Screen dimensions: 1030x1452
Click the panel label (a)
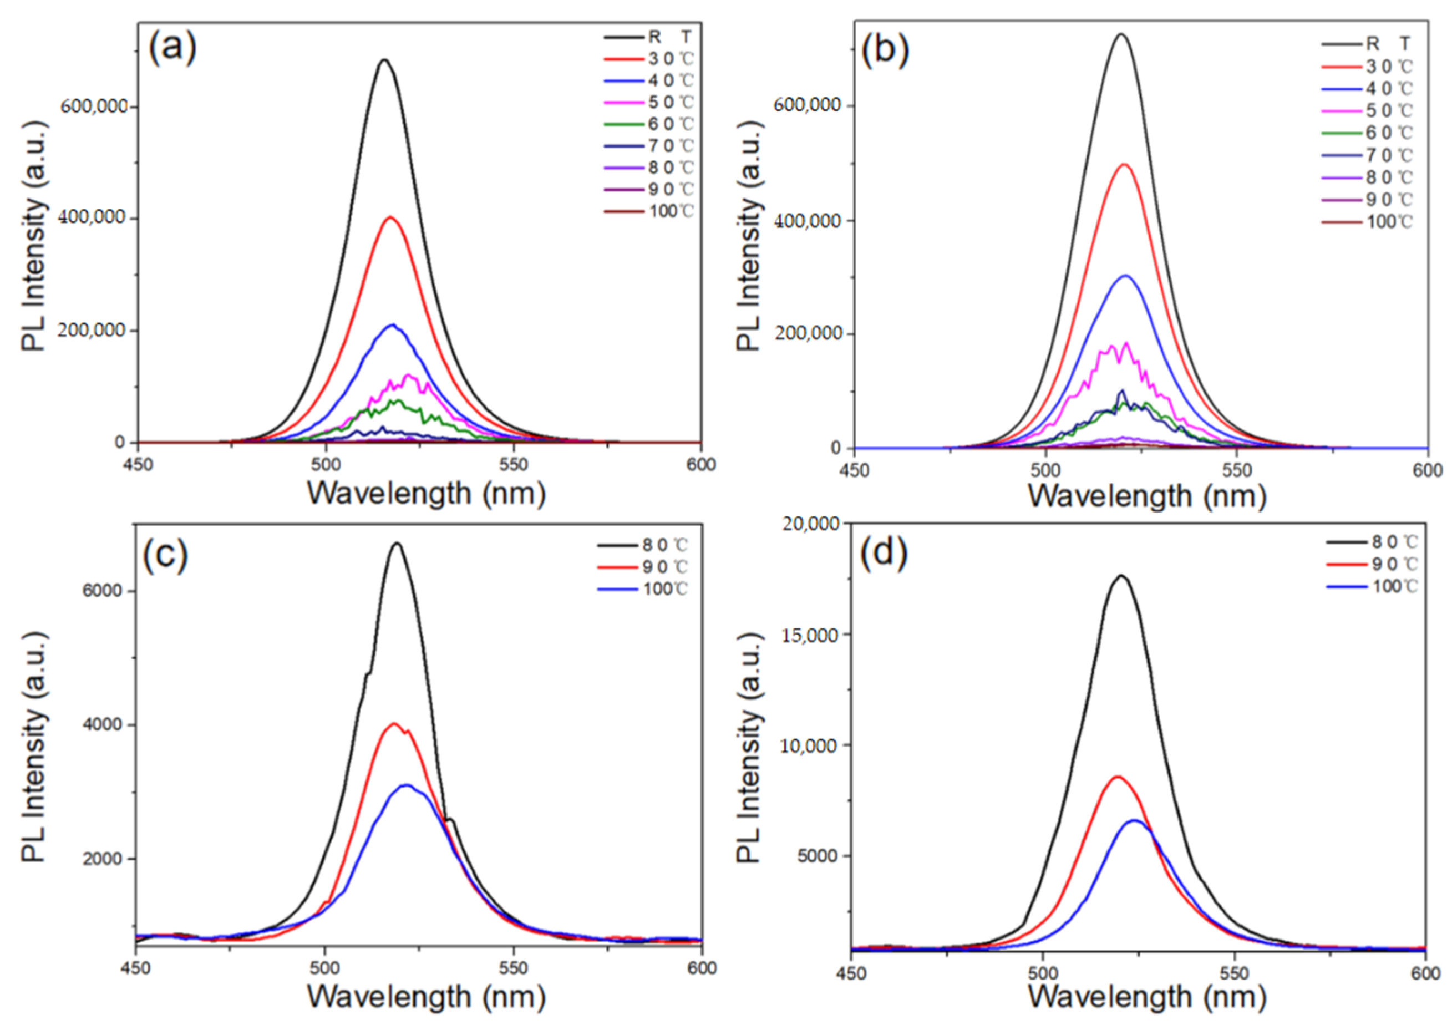click(x=172, y=48)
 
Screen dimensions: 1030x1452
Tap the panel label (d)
click(x=885, y=552)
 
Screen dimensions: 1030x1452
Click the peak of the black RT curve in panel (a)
click(x=384, y=60)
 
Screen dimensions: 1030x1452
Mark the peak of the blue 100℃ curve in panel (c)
click(x=407, y=785)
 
